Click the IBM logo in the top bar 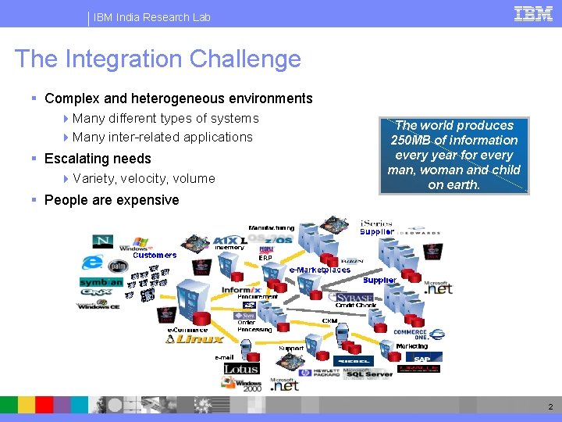pyautogui.click(x=533, y=14)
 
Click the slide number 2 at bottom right pyautogui.click(x=550, y=406)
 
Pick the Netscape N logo pyautogui.click(x=102, y=241)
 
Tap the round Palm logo pyautogui.click(x=118, y=266)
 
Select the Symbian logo pyautogui.click(x=101, y=282)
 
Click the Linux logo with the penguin pyautogui.click(x=195, y=338)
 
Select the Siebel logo pyautogui.click(x=353, y=361)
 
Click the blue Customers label pyautogui.click(x=155, y=255)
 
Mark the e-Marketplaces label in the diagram pyautogui.click(x=320, y=270)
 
